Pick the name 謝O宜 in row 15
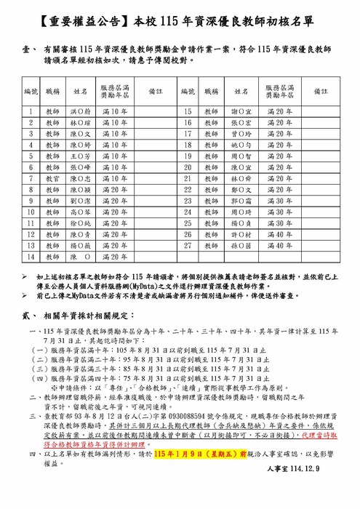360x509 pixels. [240, 111]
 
